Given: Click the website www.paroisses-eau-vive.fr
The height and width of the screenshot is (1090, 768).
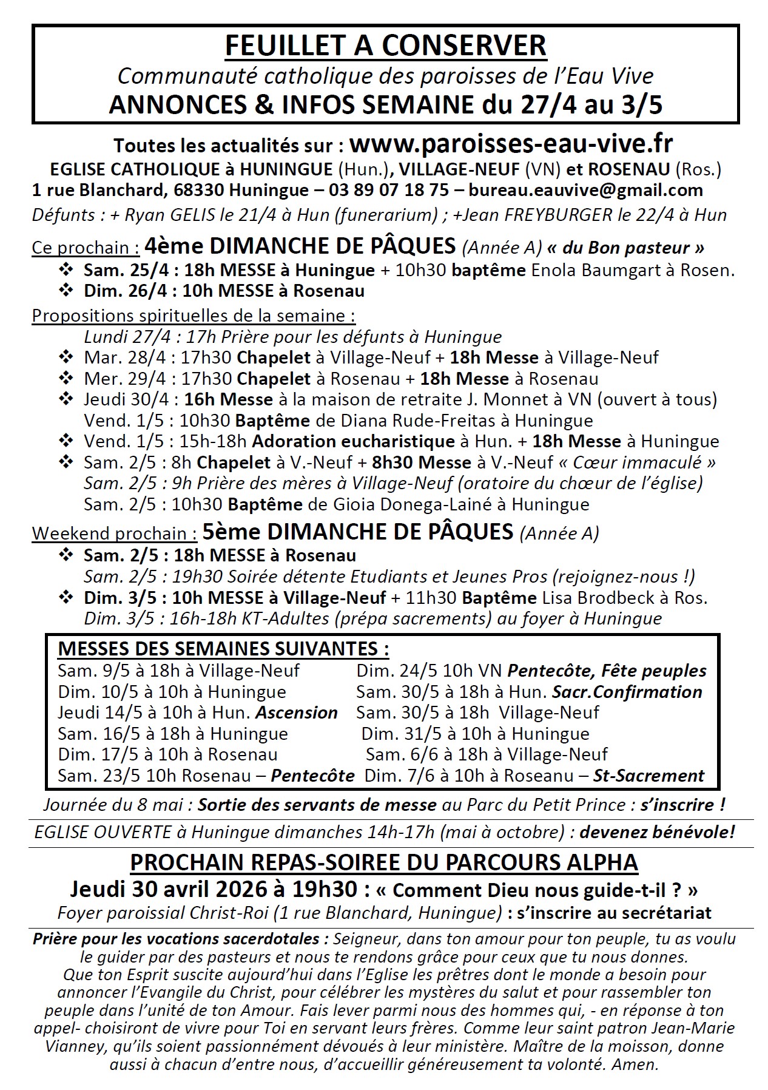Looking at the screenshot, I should [x=511, y=144].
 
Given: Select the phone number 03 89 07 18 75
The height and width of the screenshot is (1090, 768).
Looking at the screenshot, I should [x=389, y=190].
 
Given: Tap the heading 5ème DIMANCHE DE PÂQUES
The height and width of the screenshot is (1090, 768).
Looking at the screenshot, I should [x=358, y=532].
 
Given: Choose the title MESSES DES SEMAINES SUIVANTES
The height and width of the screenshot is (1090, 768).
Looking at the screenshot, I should [x=223, y=649].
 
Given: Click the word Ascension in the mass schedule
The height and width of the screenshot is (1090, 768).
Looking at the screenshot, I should [x=297, y=713].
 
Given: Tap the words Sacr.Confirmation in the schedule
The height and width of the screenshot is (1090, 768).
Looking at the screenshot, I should [x=627, y=692].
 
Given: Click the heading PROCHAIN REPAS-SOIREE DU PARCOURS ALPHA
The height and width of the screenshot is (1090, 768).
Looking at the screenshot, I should [x=385, y=862].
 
